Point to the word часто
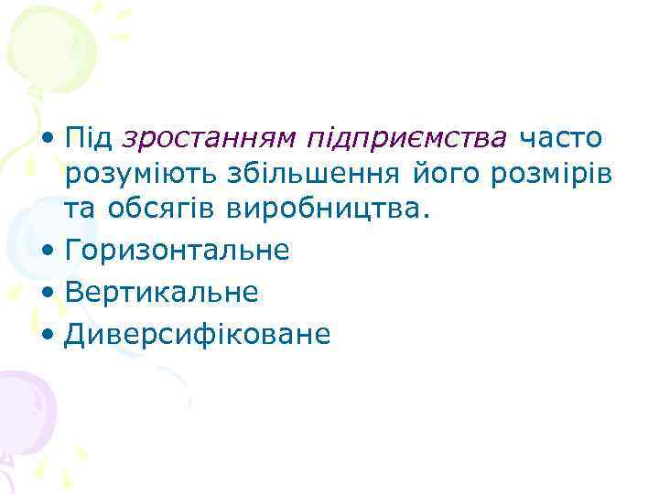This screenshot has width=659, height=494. pyautogui.click(x=562, y=138)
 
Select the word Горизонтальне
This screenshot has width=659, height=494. pyautogui.click(x=177, y=250)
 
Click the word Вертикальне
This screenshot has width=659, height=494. pyautogui.click(x=161, y=292)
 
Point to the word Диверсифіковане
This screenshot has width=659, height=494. pyautogui.click(x=197, y=334)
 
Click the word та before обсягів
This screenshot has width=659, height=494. pyautogui.click(x=81, y=210)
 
